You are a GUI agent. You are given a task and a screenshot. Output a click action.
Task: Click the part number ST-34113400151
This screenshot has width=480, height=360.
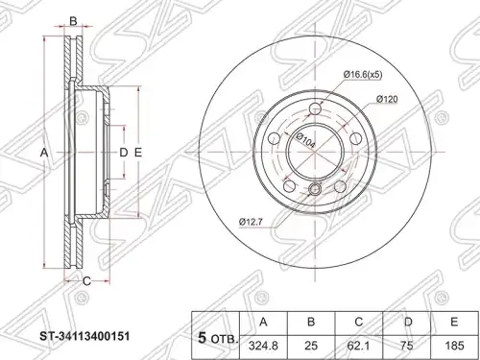click(84, 336)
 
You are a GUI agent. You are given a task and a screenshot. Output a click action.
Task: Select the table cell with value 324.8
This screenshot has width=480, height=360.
click(263, 347)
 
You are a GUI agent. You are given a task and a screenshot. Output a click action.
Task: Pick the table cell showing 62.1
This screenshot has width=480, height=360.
click(359, 347)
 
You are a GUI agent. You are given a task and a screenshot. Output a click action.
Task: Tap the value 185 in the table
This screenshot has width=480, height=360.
click(454, 347)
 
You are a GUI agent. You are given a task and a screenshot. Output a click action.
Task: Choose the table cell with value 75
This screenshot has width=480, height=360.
click(406, 347)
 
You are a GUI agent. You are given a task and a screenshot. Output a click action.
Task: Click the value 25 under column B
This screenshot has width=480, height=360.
click(311, 347)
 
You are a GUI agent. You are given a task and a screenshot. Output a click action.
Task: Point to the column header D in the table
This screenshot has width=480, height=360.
click(406, 323)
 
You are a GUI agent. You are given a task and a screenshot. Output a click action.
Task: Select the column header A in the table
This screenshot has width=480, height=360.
click(263, 323)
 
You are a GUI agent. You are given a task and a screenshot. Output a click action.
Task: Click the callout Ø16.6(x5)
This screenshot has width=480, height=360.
click(363, 75)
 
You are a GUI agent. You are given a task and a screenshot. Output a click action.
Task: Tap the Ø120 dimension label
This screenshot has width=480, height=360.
click(387, 99)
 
